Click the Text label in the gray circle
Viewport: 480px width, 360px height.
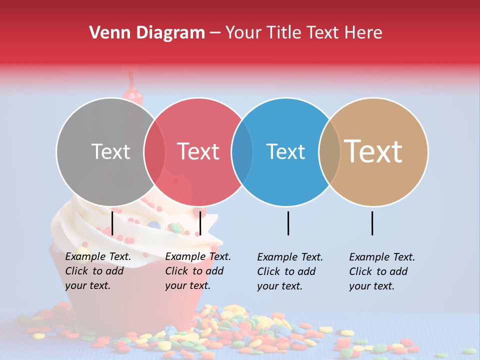pyautogui.click(x=110, y=151)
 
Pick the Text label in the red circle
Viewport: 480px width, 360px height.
pyautogui.click(x=198, y=151)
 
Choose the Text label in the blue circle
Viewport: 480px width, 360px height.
pyautogui.click(x=285, y=151)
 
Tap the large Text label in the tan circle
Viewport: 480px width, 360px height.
pyautogui.click(x=373, y=151)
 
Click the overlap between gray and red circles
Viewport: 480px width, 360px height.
pyautogui.click(x=154, y=151)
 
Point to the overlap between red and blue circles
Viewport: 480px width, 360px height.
pyautogui.click(x=242, y=151)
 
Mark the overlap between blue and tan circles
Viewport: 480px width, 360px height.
pyautogui.click(x=329, y=151)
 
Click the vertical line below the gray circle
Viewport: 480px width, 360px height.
pyautogui.click(x=112, y=223)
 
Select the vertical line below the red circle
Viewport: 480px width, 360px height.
pyautogui.click(x=200, y=223)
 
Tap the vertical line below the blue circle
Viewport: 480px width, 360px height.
pyautogui.click(x=288, y=223)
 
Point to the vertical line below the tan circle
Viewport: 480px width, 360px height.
pyautogui.click(x=372, y=223)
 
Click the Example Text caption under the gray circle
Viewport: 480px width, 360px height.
pyautogui.click(x=98, y=271)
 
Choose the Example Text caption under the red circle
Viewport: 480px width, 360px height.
pyautogui.click(x=198, y=271)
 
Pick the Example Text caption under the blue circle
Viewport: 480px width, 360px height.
pyautogui.click(x=290, y=271)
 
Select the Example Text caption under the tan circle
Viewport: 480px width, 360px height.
pyautogui.click(x=382, y=271)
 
